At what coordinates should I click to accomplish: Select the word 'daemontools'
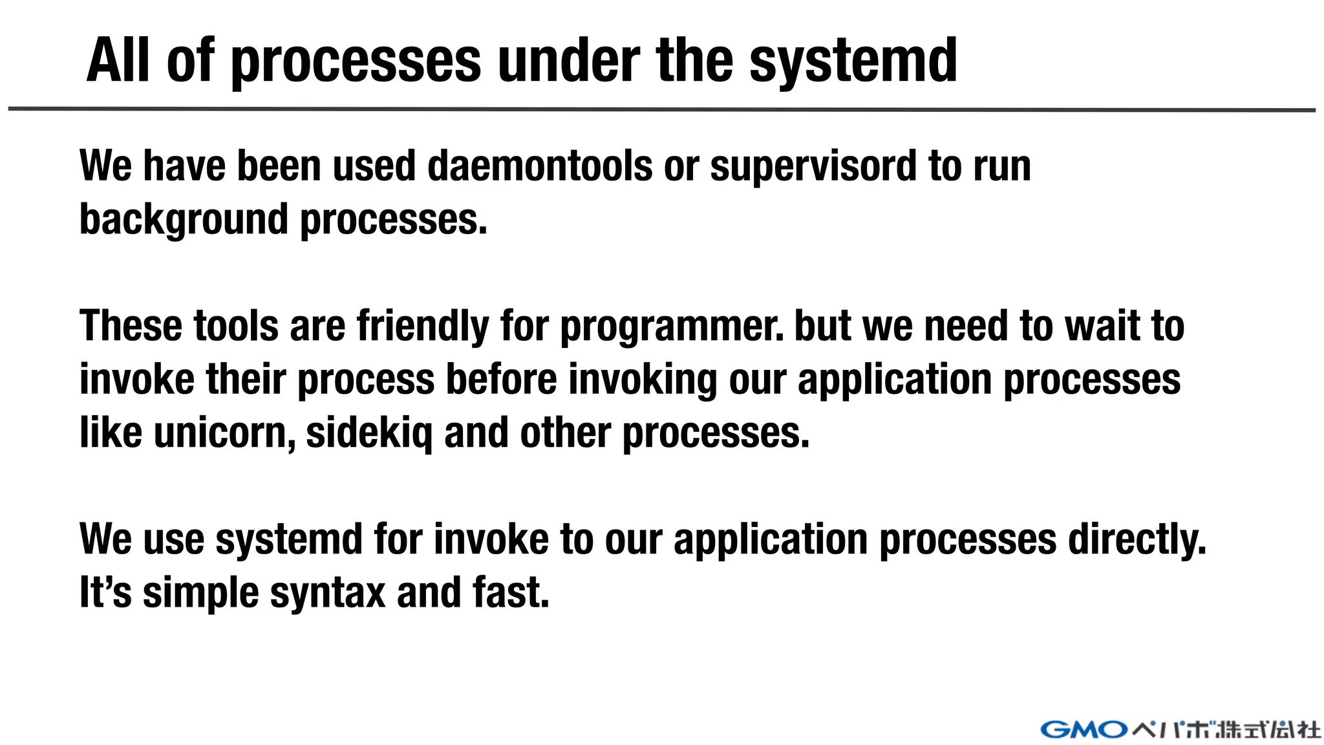(539, 166)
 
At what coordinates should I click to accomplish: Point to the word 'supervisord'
(813, 166)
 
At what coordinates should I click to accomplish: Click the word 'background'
(184, 220)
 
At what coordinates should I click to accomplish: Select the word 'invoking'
(643, 380)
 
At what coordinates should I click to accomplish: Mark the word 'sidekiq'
(369, 433)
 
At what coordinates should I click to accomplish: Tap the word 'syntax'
(327, 594)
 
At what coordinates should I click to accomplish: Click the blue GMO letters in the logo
(1084, 730)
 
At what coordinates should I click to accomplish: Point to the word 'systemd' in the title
(853, 61)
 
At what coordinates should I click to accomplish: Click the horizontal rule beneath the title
(661, 109)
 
